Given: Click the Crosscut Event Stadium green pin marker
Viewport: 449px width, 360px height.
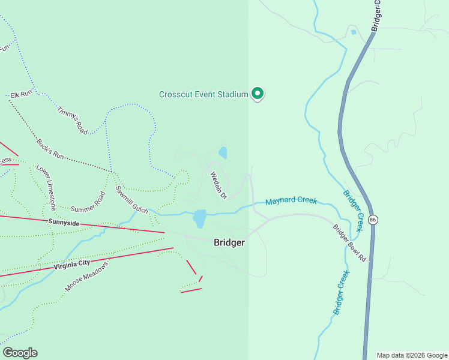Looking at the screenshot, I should click(x=258, y=94).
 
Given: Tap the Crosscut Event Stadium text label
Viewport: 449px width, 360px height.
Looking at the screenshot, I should click(x=203, y=94).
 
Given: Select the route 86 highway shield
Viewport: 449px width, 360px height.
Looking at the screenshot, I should click(x=373, y=220).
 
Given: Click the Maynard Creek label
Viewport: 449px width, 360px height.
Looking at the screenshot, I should click(x=291, y=201).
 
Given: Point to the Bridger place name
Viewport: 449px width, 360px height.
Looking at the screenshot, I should click(x=229, y=242).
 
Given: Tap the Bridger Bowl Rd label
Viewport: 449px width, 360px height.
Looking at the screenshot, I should click(x=349, y=242).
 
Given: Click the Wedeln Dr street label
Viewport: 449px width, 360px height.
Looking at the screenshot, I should click(x=218, y=185).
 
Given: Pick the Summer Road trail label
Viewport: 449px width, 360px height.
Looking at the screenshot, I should click(x=88, y=202).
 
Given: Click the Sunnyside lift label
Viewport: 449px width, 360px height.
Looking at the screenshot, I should click(x=64, y=222).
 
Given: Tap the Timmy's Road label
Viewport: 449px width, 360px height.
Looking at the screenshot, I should click(x=73, y=120).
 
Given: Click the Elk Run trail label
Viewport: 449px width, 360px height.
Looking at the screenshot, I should click(x=20, y=95).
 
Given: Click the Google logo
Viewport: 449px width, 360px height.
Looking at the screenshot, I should click(x=20, y=353).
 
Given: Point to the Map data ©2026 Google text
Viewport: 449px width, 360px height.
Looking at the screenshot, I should click(x=412, y=355).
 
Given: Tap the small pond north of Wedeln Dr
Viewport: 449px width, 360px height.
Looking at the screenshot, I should click(x=223, y=152).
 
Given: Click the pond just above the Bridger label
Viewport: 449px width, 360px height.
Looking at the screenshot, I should click(x=200, y=218).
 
